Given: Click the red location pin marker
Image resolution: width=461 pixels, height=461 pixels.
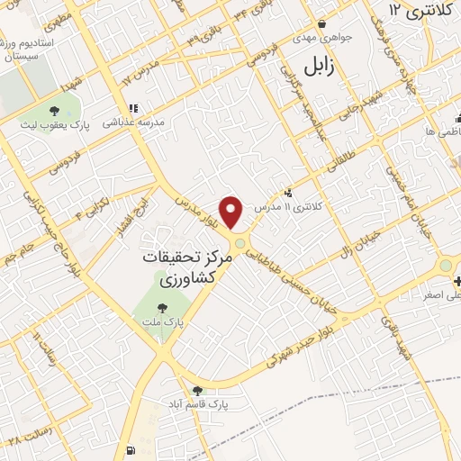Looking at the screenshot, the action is click(232, 211).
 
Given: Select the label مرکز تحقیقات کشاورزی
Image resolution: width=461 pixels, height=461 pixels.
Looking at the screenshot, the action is click(187, 268).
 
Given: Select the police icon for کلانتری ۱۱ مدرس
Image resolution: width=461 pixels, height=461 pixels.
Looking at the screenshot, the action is click(288, 193).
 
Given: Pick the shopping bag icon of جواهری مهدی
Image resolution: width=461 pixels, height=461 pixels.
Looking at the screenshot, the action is click(322, 24).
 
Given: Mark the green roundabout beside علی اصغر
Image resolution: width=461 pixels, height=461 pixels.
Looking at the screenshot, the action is click(445, 267).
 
